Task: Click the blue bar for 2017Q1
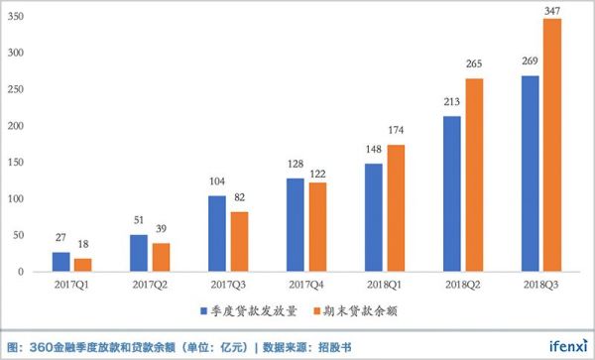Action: (x=60, y=262)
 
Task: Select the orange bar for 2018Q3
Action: (x=552, y=145)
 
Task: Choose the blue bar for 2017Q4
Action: (x=295, y=224)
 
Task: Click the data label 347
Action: (x=552, y=10)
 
